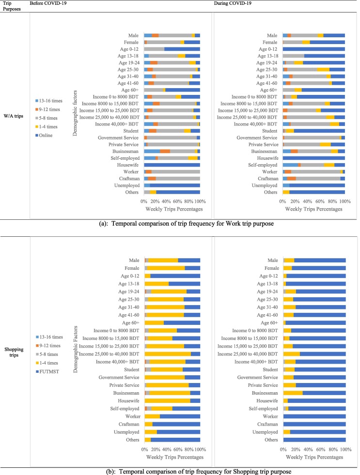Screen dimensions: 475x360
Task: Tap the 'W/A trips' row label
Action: tap(14, 115)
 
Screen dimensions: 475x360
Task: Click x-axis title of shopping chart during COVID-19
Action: tap(313, 456)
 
